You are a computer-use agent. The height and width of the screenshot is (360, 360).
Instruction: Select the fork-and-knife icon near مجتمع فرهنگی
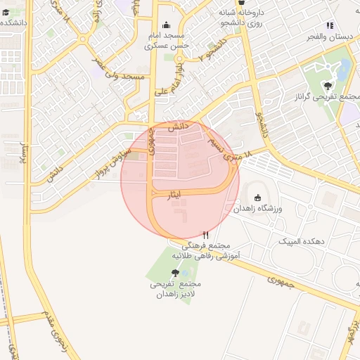[205, 235]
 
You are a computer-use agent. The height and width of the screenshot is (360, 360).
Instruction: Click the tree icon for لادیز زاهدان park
[175, 273]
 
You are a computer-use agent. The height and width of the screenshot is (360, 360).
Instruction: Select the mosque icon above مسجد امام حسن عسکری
[167, 25]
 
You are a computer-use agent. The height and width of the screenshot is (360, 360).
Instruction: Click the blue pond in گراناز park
[344, 69]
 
